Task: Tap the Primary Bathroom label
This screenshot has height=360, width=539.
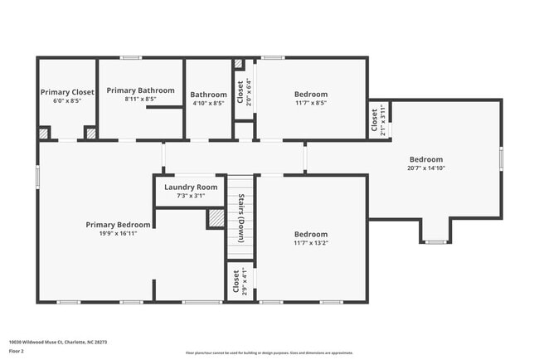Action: (x=140, y=90)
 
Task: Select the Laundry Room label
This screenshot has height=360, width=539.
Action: (x=191, y=187)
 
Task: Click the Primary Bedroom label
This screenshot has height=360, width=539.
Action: (x=119, y=225)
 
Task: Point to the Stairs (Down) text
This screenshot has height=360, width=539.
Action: (x=240, y=218)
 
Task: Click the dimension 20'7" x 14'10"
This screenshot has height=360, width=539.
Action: (x=425, y=168)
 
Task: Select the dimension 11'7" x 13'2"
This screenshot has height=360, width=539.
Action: (x=311, y=243)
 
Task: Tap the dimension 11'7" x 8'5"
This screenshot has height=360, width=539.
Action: (x=311, y=103)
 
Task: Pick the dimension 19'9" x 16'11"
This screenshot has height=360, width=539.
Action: (x=119, y=233)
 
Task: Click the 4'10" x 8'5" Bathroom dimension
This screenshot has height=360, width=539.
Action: (x=208, y=103)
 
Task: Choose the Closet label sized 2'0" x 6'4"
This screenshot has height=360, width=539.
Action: (x=240, y=92)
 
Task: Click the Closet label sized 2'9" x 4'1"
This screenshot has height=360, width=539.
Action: (x=236, y=281)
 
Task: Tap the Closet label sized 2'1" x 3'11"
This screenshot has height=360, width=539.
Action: (x=374, y=121)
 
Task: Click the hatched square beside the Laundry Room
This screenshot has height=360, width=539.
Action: (x=216, y=217)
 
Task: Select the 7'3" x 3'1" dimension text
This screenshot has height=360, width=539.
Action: (x=191, y=196)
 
